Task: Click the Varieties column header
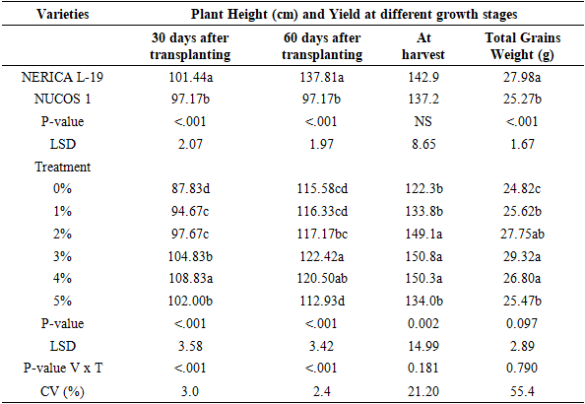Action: click(63, 14)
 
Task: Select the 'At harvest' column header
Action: click(423, 46)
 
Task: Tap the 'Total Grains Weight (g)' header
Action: click(522, 46)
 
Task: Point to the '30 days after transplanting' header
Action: click(190, 46)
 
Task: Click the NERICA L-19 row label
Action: click(62, 77)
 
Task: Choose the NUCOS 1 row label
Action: click(62, 99)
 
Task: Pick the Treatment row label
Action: click(62, 167)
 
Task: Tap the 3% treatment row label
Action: click(62, 256)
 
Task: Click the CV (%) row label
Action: click(62, 391)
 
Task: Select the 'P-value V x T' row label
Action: click(63, 369)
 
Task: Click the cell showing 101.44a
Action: click(191, 77)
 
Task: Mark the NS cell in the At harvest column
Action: click(423, 121)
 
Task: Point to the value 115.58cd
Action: click(322, 188)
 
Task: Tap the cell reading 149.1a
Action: click(423, 234)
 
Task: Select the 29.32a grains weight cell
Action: click(522, 256)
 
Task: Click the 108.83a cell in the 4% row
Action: click(191, 279)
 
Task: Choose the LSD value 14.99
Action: click(423, 346)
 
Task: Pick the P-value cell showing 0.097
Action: click(522, 323)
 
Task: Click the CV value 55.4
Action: click(522, 391)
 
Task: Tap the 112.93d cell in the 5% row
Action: click(322, 301)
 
